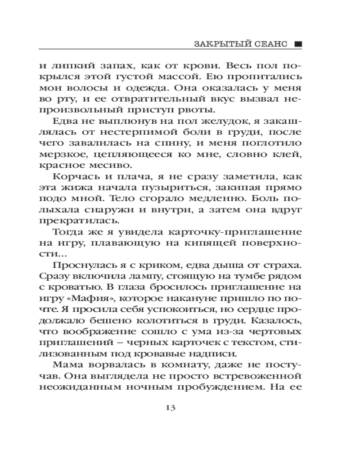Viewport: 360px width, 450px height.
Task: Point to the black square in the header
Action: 297,45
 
